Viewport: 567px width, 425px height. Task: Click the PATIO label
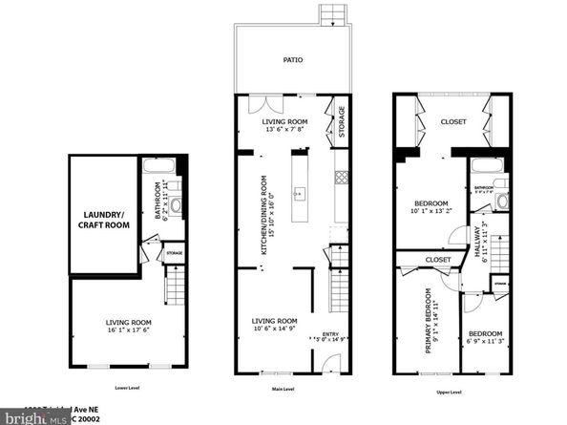292,59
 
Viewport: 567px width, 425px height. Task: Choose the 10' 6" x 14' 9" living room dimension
274,329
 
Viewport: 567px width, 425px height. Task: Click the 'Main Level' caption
283,391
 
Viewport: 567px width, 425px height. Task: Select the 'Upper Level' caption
448,391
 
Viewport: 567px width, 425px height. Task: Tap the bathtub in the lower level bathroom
154,164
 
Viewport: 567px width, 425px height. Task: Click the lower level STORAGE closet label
175,254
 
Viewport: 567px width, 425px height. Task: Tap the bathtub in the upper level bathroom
481,166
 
